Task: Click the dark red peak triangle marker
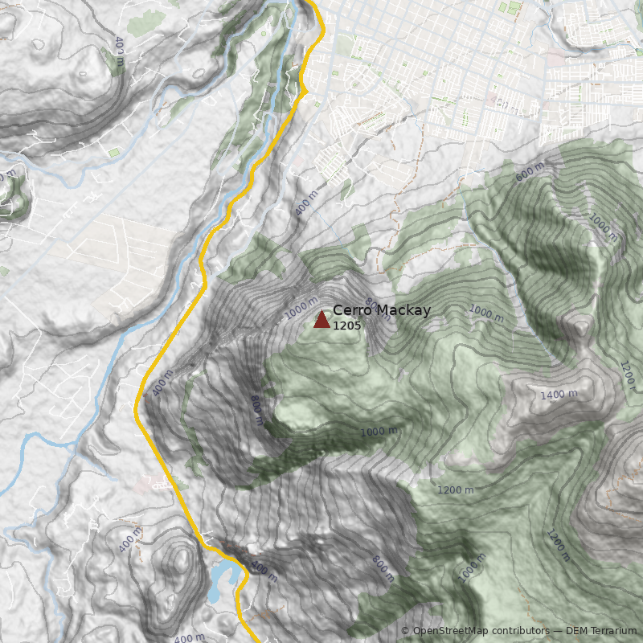pyautogui.click(x=321, y=320)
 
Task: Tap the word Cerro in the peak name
pyautogui.click(x=350, y=310)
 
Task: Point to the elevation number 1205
pyautogui.click(x=346, y=326)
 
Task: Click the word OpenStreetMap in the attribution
pyautogui.click(x=451, y=631)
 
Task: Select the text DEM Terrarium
pyautogui.click(x=601, y=631)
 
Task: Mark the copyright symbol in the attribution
pyautogui.click(x=405, y=631)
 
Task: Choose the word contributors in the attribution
pyautogui.click(x=521, y=631)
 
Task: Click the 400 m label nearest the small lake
pyautogui.click(x=264, y=572)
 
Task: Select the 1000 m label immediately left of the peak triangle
pyautogui.click(x=301, y=309)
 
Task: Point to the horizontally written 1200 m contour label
pyautogui.click(x=455, y=489)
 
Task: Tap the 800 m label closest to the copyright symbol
pyautogui.click(x=383, y=569)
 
